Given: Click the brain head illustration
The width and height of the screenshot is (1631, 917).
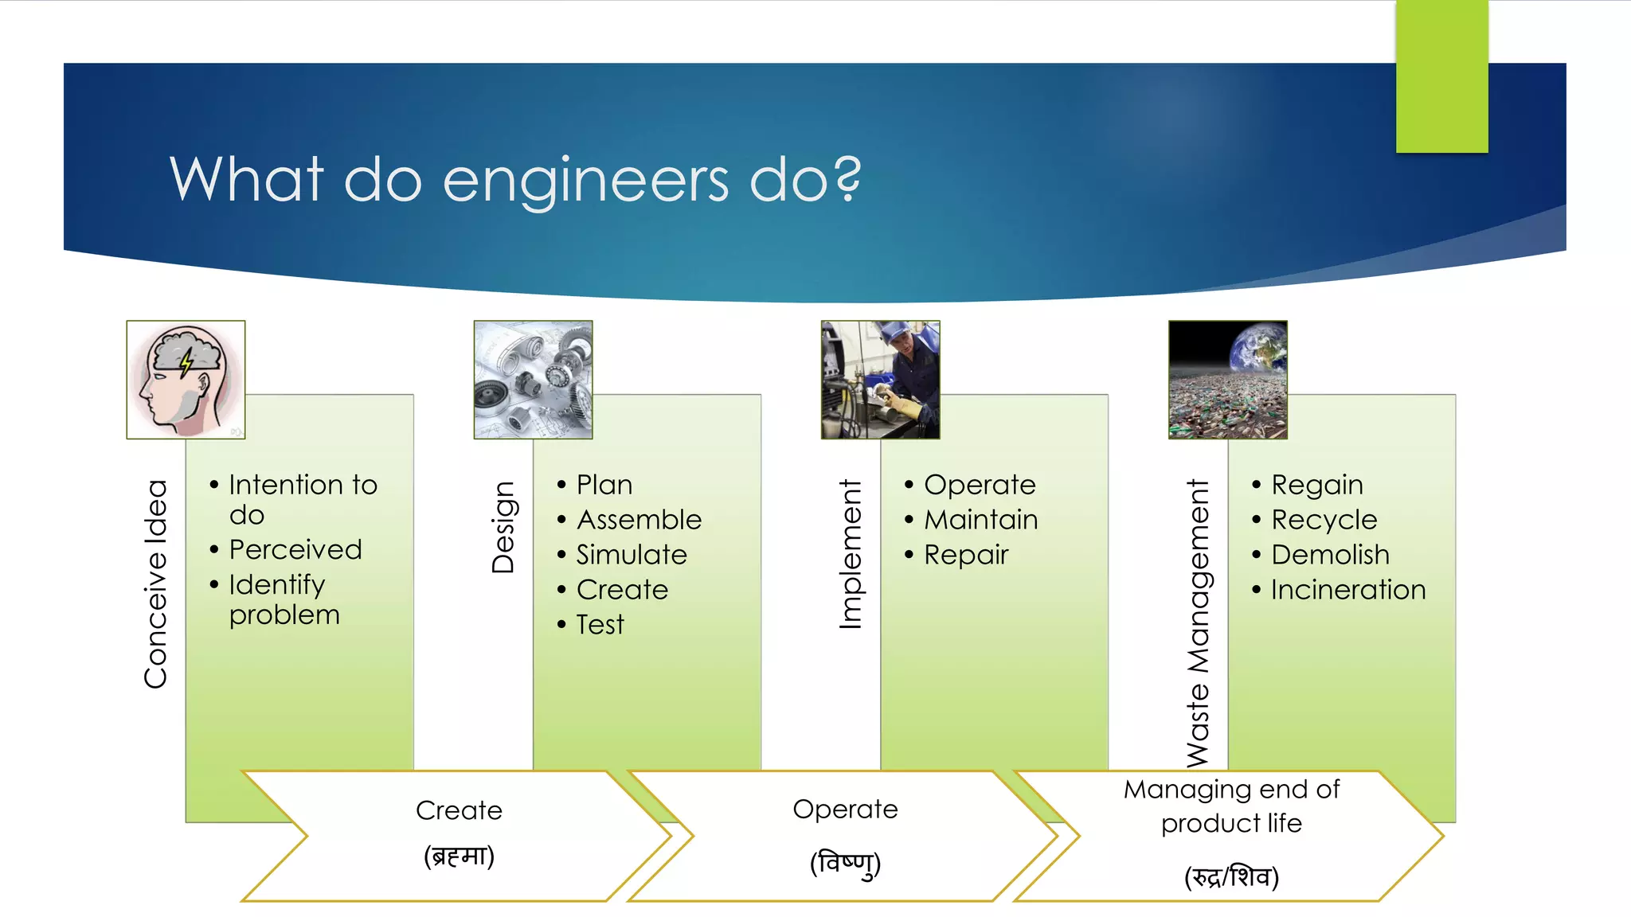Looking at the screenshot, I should pyautogui.click(x=186, y=380).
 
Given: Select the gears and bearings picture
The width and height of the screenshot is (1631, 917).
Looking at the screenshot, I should pyautogui.click(x=533, y=380).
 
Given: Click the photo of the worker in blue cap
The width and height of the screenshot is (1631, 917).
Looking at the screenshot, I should pyautogui.click(x=880, y=380).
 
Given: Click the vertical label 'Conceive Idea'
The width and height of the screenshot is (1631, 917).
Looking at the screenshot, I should pyautogui.click(x=156, y=583).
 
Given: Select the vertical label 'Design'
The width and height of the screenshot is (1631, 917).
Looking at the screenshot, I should pyautogui.click(x=503, y=527).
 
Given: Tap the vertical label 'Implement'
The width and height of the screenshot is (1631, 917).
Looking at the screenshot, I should pyautogui.click(x=851, y=554).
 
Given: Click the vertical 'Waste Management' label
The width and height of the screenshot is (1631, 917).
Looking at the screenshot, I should pyautogui.click(x=1198, y=622).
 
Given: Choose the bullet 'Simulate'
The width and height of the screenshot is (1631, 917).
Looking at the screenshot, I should pyautogui.click(x=631, y=555).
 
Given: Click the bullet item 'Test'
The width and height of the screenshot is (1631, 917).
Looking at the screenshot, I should pyautogui.click(x=600, y=625).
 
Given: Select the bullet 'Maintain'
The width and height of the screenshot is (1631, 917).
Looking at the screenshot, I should pyautogui.click(x=980, y=520).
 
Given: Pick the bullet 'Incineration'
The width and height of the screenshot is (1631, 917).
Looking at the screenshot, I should pyautogui.click(x=1347, y=590).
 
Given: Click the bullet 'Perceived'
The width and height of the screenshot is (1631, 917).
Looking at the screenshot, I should pyautogui.click(x=295, y=549).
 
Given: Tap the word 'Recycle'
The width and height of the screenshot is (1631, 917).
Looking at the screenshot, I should pyautogui.click(x=1324, y=520).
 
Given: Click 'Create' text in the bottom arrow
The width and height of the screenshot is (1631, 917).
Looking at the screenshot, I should pyautogui.click(x=459, y=810).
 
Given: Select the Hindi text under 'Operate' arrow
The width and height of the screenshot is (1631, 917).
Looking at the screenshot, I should pyautogui.click(x=845, y=864).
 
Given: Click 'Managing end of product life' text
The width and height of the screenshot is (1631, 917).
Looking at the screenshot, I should pyautogui.click(x=1231, y=806).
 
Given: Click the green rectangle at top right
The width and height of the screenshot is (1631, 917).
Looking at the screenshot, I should pyautogui.click(x=1441, y=76).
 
